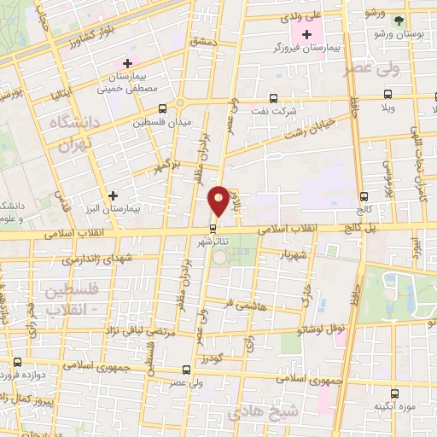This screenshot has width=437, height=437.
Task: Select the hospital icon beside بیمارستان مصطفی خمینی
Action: (128, 63)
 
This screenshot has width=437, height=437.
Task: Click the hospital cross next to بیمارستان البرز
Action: (114, 195)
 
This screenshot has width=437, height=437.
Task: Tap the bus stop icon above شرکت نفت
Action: (273, 97)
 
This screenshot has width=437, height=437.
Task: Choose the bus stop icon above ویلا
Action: (387, 94)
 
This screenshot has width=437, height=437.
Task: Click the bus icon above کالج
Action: (365, 195)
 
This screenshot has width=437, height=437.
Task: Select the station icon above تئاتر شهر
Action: (213, 227)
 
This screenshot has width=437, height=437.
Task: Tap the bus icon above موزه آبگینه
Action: (393, 393)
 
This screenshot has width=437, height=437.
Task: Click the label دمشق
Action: (207, 40)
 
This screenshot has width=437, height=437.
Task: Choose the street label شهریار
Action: (295, 254)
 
